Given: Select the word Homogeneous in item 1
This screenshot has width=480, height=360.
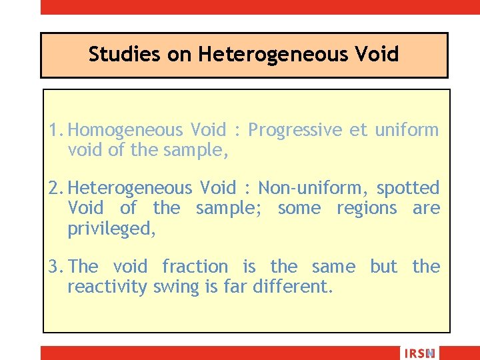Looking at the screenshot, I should (125, 130).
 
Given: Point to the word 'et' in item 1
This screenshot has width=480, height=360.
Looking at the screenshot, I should (358, 130).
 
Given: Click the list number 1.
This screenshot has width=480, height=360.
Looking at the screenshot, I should (53, 130).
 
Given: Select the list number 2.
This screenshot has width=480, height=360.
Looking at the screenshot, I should (54, 189).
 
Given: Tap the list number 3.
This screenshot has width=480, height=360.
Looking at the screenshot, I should (54, 267).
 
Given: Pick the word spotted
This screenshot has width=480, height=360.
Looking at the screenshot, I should (408, 189).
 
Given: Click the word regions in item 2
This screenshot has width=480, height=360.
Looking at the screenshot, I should (366, 209).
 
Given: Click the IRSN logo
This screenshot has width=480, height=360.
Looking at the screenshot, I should (419, 353).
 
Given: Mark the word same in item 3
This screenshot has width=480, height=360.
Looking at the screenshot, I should (333, 267).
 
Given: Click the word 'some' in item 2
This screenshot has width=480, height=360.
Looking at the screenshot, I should (299, 209).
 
